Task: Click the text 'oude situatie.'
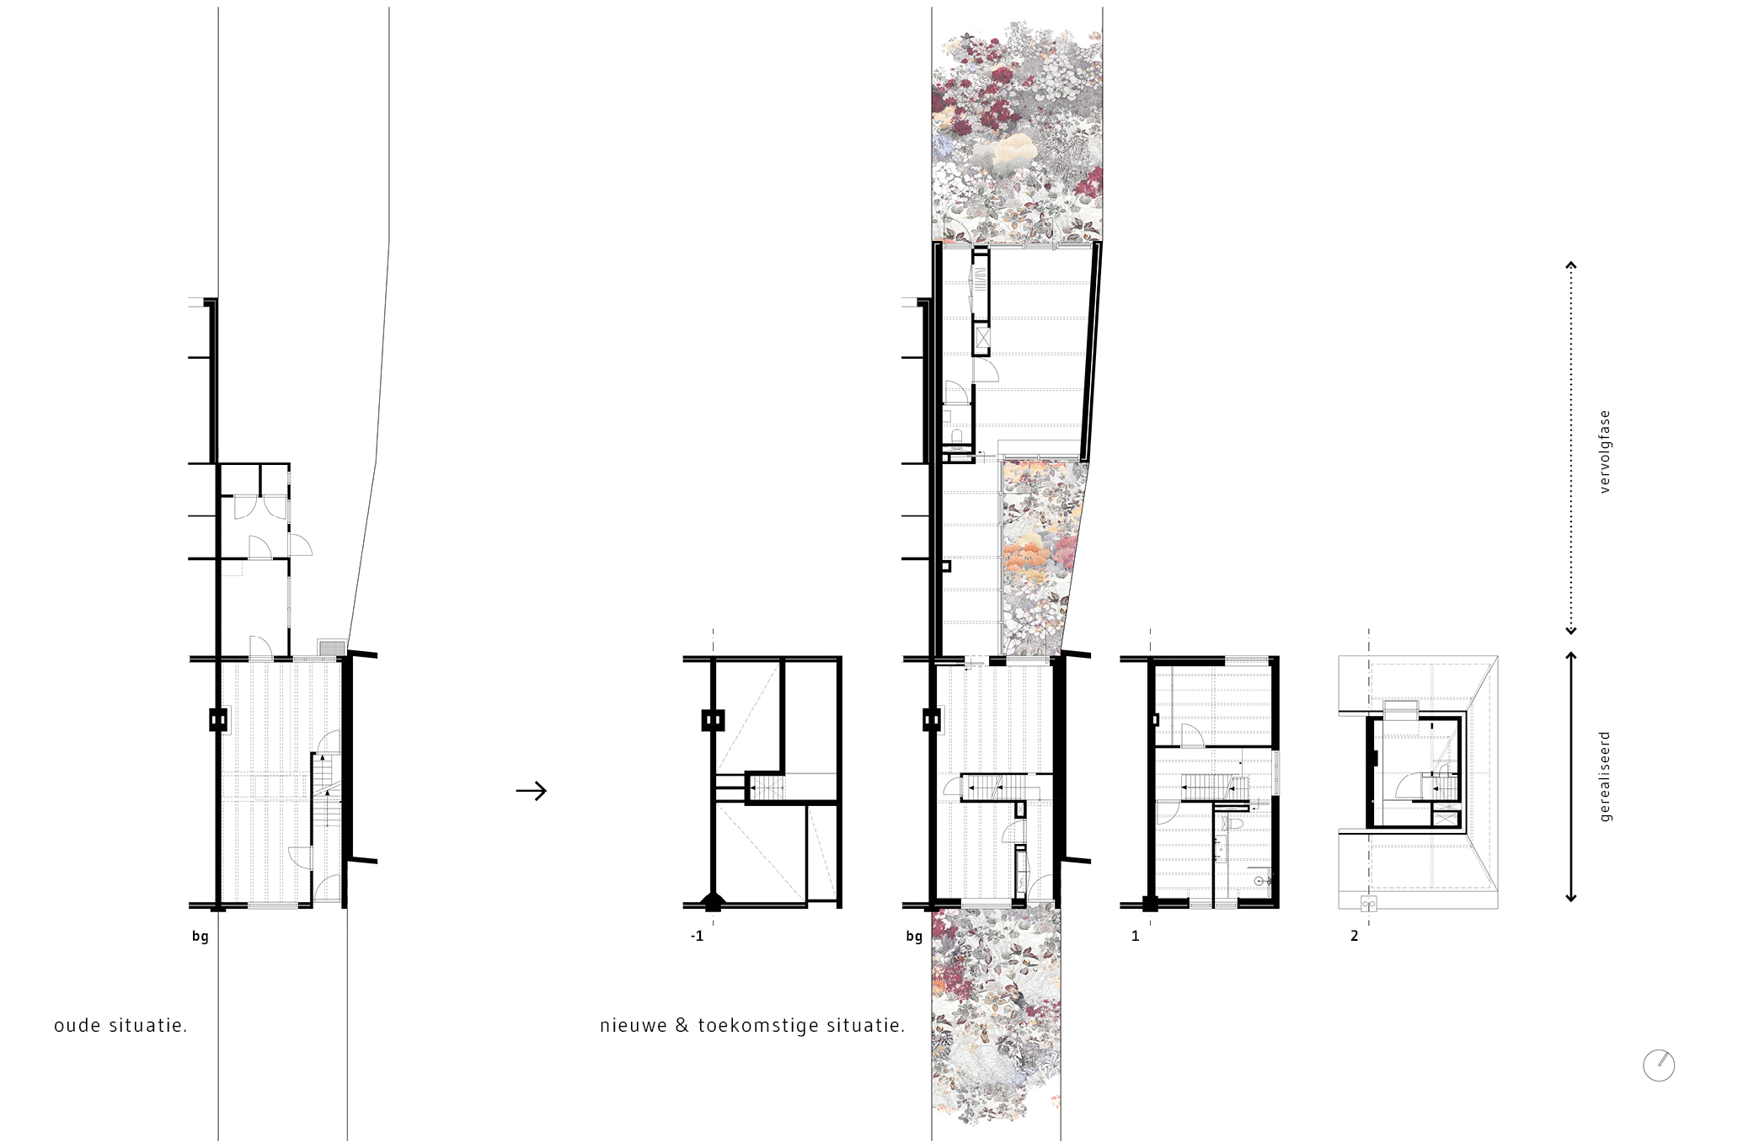pyautogui.click(x=120, y=1026)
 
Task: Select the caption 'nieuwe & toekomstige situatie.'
pyautogui.click(x=752, y=1026)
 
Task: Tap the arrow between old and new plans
pyautogui.click(x=532, y=791)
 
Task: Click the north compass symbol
pyautogui.click(x=1659, y=1065)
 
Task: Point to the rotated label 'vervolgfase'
pyautogui.click(x=1605, y=451)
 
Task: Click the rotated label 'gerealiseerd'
pyautogui.click(x=1605, y=777)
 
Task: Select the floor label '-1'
pyautogui.click(x=697, y=936)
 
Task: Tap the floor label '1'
pyautogui.click(x=1136, y=936)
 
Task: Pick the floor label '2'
pyautogui.click(x=1355, y=936)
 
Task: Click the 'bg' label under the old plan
pyautogui.click(x=200, y=937)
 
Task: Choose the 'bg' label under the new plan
pyautogui.click(x=914, y=937)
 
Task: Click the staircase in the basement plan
pyautogui.click(x=767, y=788)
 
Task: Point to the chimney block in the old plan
pyautogui.click(x=218, y=720)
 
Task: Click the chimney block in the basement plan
pyautogui.click(x=713, y=720)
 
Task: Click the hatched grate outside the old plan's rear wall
pyautogui.click(x=331, y=648)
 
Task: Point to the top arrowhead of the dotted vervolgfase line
pyautogui.click(x=1570, y=265)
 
